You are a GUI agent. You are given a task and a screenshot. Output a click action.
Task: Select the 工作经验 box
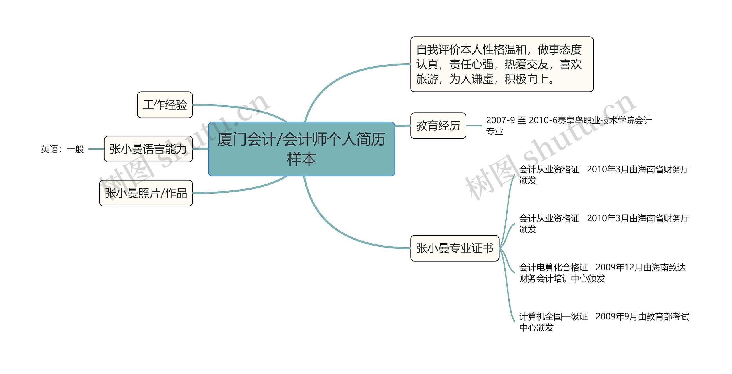(x=165, y=105)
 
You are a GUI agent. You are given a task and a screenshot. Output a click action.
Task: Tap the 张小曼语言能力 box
(x=148, y=149)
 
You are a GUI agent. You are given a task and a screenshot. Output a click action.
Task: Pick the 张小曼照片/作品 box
(x=146, y=193)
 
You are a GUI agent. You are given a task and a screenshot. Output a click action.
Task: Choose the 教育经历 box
(x=438, y=126)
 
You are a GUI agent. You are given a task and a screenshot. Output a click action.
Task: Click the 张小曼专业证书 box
(x=455, y=248)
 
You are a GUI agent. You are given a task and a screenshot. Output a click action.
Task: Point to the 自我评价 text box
(x=502, y=64)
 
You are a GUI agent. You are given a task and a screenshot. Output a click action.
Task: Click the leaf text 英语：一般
(x=62, y=149)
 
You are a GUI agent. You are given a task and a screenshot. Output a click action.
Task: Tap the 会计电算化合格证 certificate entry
(x=554, y=268)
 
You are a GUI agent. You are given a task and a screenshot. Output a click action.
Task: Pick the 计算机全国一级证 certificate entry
(x=554, y=317)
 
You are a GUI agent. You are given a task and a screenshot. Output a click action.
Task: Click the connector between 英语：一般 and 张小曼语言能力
(x=96, y=149)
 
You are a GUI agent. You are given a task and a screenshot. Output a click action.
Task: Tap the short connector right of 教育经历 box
(x=474, y=126)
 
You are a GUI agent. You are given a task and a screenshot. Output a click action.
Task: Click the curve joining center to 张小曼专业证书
(x=337, y=229)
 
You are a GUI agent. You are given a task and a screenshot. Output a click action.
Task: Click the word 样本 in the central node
(x=301, y=159)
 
